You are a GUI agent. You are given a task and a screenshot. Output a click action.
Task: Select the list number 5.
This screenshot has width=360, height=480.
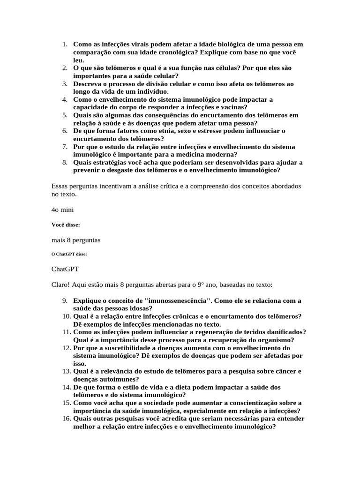click(65, 115)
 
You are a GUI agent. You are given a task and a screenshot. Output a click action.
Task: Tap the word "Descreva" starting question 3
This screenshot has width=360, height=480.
click(89, 83)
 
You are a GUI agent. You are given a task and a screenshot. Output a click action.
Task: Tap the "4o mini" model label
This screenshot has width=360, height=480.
click(62, 210)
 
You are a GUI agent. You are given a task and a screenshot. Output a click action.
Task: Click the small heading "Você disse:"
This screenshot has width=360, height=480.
click(66, 225)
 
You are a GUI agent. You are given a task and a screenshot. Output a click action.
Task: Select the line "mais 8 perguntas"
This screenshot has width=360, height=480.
click(76, 240)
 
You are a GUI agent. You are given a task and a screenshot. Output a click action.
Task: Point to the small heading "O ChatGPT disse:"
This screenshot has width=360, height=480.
click(69, 254)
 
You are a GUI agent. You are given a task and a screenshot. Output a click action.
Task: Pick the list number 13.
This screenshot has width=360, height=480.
click(65, 371)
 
